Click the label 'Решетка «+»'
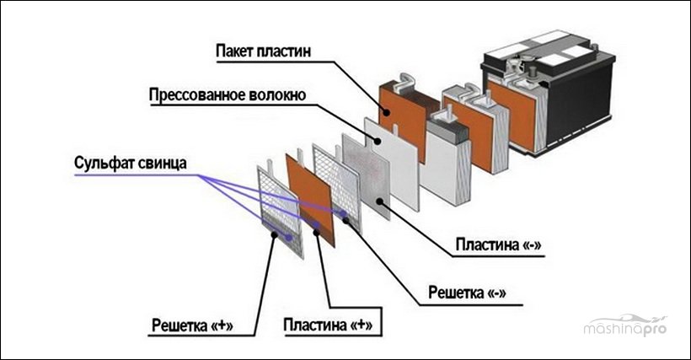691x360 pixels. tap(192, 325)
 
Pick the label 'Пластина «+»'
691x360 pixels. tap(328, 325)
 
